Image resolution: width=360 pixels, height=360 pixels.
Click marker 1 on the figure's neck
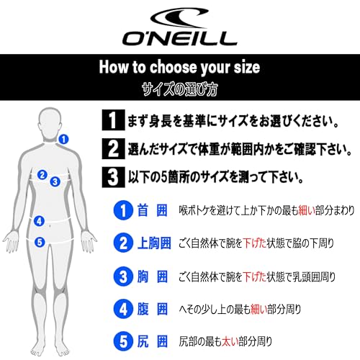[64, 138]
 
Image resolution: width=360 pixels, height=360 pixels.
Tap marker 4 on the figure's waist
[40, 221]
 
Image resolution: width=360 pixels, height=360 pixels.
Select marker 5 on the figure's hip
[40, 242]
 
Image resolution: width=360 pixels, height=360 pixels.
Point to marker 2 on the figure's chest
[42, 174]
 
